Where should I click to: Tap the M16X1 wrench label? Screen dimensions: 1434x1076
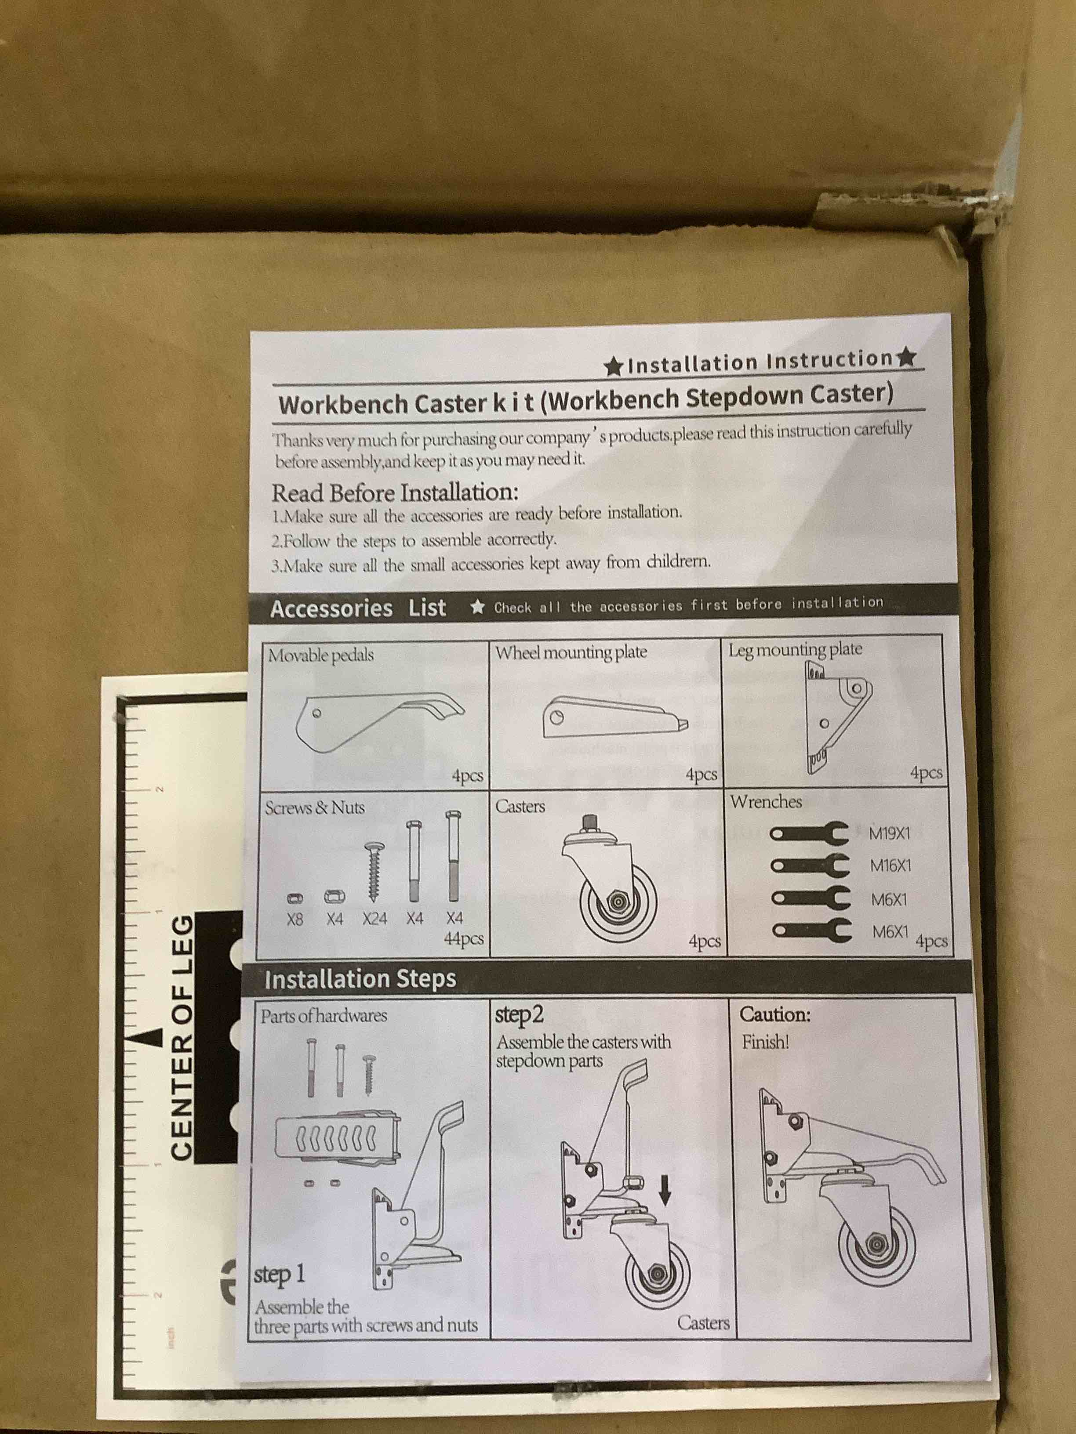(890, 865)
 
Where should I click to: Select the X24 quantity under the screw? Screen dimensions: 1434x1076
(374, 919)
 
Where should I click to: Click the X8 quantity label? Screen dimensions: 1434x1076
(294, 919)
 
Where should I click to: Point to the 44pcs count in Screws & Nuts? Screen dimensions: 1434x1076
(463, 939)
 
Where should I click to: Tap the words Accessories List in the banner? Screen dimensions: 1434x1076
(358, 609)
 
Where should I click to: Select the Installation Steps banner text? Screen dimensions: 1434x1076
(360, 979)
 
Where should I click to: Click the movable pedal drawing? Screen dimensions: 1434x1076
(376, 720)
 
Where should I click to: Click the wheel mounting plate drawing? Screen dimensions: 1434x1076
(613, 718)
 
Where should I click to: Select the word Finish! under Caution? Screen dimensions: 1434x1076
(765, 1043)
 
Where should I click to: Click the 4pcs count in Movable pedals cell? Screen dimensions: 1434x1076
(467, 776)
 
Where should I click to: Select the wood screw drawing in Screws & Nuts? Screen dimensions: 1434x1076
(374, 871)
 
